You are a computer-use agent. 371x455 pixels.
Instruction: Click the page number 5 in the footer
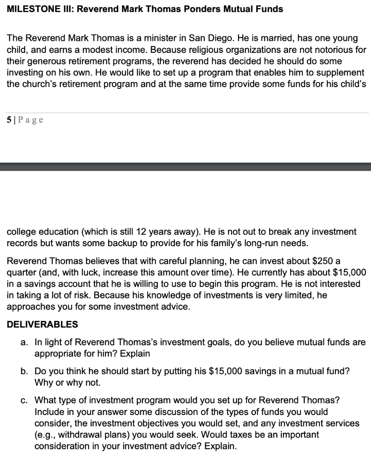tap(9, 120)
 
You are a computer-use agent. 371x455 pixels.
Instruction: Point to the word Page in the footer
tap(31, 120)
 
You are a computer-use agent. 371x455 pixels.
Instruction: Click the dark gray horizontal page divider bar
tap(185, 167)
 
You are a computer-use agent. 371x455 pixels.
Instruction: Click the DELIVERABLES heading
tap(43, 324)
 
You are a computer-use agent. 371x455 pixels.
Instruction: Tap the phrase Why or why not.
tap(68, 382)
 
